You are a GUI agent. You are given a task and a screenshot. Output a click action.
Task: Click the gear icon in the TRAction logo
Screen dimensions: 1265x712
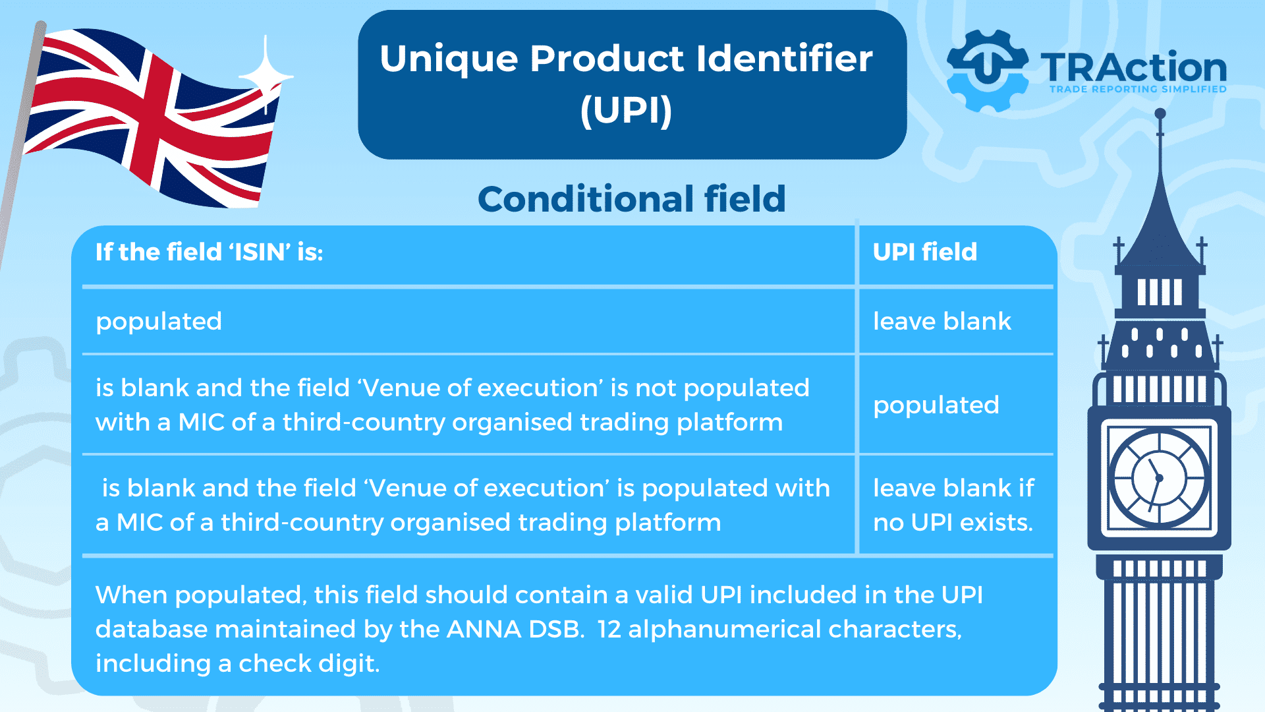tap(986, 71)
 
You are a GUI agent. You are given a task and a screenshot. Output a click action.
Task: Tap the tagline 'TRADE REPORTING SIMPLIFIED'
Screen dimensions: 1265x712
tap(1138, 89)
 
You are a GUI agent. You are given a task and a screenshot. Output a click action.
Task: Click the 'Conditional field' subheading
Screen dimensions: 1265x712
tap(632, 198)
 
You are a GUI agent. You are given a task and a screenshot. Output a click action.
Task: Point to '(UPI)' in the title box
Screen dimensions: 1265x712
tap(627, 110)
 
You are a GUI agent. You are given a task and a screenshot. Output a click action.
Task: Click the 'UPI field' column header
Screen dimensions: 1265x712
tap(925, 252)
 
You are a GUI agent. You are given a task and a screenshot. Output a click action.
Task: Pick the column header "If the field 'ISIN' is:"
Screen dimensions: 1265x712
tap(210, 252)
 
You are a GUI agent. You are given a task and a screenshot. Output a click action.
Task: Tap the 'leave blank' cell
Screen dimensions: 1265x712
tap(942, 321)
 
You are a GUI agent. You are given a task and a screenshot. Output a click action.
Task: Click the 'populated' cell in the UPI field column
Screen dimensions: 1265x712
tap(936, 405)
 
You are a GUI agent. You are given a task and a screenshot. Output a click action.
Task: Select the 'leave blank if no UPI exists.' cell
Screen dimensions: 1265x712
tap(953, 505)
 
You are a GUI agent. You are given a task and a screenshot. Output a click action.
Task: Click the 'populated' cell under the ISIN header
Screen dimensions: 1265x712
tap(159, 322)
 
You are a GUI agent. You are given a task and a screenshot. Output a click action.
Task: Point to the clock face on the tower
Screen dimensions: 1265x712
tap(1159, 478)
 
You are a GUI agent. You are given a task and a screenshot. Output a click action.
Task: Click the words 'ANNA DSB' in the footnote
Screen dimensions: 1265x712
tap(515, 629)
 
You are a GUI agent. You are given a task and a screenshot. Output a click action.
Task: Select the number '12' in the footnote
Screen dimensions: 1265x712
tap(609, 629)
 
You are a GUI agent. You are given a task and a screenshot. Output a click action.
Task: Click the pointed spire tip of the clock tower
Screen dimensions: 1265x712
tap(1160, 113)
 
